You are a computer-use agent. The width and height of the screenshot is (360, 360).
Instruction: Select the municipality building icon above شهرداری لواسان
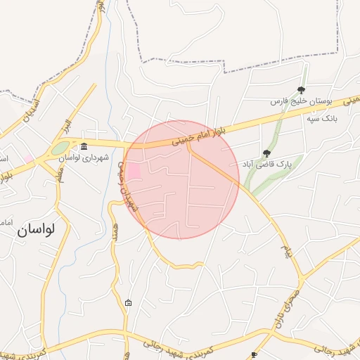tap(84, 146)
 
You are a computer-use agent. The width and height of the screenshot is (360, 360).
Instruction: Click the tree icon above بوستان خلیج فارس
tap(302, 89)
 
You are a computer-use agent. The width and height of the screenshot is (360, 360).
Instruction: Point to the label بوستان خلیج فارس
tap(302, 102)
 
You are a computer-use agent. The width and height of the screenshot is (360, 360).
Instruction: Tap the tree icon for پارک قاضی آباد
tap(266, 153)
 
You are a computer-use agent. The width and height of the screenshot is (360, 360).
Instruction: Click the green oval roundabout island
tap(60, 148)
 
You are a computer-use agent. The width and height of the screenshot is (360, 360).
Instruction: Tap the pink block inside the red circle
tap(133, 170)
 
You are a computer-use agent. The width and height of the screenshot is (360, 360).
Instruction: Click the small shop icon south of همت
tap(128, 303)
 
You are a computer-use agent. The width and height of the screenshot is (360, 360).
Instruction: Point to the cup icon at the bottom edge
tap(254, 355)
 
